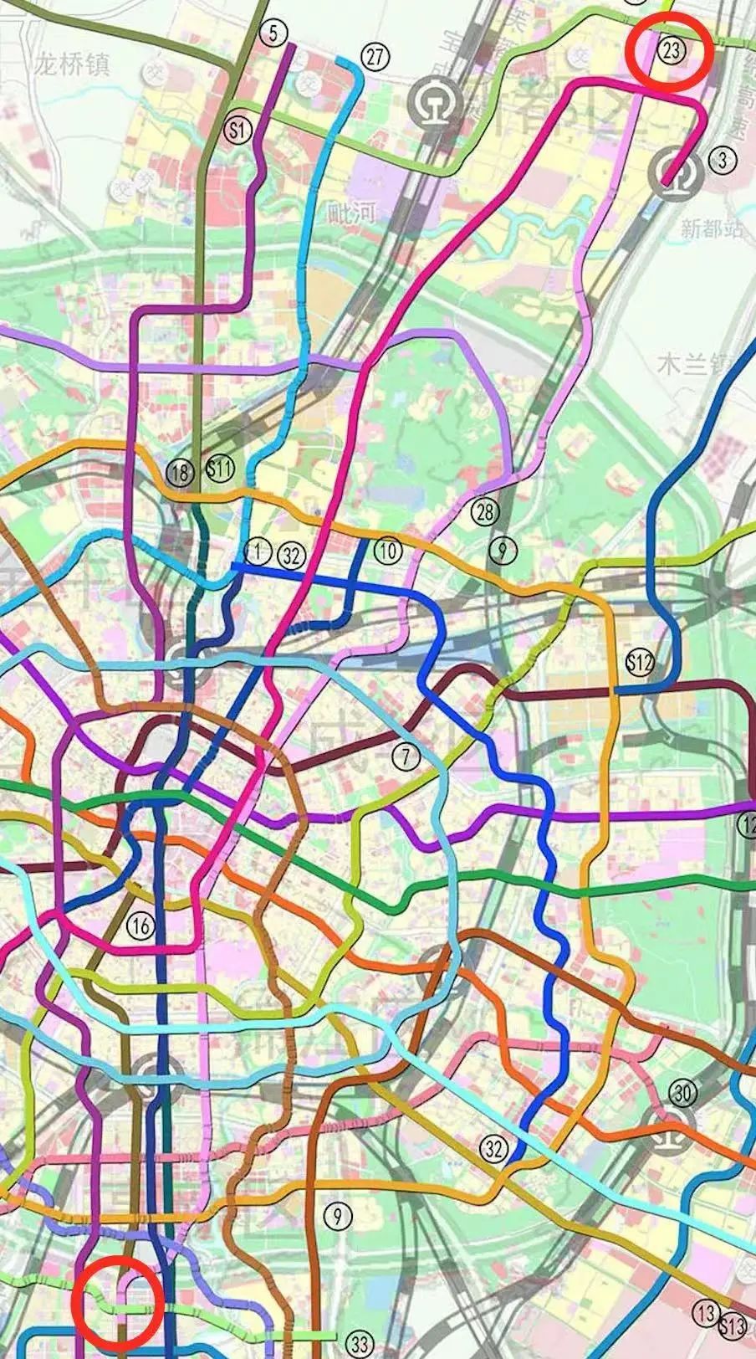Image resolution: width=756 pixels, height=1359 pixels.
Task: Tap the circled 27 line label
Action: [376, 57]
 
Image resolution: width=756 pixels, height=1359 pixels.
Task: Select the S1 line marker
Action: [239, 129]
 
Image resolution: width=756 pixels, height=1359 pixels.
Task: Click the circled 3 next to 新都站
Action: [721, 160]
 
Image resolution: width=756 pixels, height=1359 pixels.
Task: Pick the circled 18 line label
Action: [180, 472]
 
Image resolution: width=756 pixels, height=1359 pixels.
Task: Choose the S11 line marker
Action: [220, 468]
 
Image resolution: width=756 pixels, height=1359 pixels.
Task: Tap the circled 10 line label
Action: [388, 551]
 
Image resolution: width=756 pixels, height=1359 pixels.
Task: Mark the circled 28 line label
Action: [484, 510]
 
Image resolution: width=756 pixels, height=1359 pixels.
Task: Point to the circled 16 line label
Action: [140, 926]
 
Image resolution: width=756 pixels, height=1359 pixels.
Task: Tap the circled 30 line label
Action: [682, 1092]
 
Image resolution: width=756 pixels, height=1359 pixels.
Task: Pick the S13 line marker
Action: [732, 1324]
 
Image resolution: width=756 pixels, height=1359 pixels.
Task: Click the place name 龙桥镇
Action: [74, 65]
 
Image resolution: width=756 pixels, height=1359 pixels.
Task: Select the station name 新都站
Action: [710, 228]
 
